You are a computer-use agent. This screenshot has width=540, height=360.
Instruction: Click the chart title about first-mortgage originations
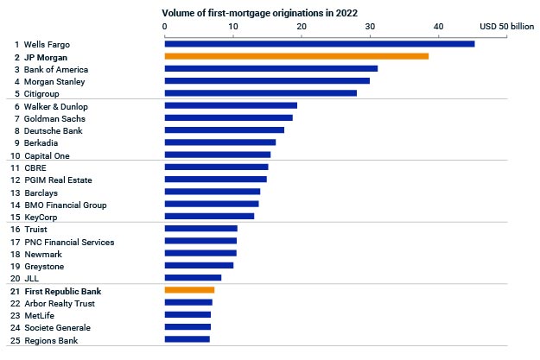coord(259,15)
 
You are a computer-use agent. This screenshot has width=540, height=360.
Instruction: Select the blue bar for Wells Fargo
coord(319,44)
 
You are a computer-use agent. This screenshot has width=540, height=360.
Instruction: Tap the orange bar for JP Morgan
coord(296,56)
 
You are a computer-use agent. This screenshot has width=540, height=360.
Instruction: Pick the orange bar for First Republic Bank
coord(189,290)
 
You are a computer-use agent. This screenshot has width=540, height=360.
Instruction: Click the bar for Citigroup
coord(260,93)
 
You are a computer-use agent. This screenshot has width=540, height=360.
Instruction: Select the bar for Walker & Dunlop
coord(231,105)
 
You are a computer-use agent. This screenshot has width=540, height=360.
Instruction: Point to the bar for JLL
coord(193,278)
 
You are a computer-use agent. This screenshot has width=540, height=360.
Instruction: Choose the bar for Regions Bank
coord(187,339)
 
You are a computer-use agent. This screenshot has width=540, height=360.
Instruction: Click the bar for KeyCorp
coord(209,216)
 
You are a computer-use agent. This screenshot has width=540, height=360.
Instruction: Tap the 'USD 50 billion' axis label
coord(506,28)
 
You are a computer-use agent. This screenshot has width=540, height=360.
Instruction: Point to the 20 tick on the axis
coord(302,28)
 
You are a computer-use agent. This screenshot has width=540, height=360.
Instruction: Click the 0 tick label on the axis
coord(164,28)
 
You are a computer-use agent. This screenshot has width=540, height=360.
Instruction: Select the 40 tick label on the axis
coord(439,28)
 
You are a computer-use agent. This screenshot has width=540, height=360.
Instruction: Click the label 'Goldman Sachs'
coord(54,118)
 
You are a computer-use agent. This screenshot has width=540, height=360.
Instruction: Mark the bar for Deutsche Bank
coord(224,130)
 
